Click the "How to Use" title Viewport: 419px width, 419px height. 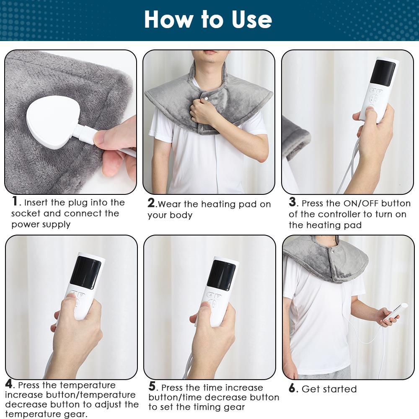(x=208, y=20)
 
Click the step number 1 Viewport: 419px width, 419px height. (x=15, y=202)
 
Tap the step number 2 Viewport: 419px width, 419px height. (x=151, y=203)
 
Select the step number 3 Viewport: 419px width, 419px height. (x=292, y=202)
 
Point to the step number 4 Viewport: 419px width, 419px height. (x=9, y=384)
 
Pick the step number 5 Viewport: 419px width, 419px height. (x=153, y=386)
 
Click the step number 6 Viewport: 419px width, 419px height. (x=292, y=388)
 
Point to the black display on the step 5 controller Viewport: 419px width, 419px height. (x=221, y=275)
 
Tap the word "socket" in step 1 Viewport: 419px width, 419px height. (x=26, y=213)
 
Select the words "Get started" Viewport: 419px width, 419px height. (x=329, y=389)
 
